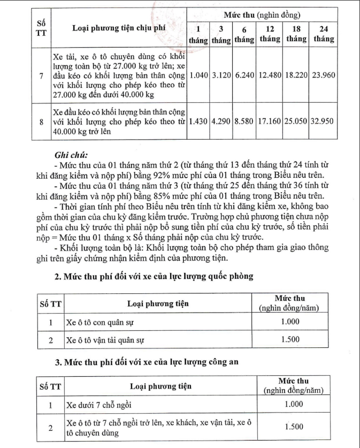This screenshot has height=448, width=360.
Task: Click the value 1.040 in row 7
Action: pyautogui.click(x=198, y=75)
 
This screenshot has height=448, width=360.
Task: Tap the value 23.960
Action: pyautogui.click(x=323, y=75)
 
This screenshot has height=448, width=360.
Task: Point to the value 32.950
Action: pyautogui.click(x=323, y=121)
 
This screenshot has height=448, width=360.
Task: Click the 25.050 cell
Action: pyautogui.click(x=296, y=121)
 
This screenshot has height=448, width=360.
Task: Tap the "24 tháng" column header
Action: pyautogui.click(x=323, y=34)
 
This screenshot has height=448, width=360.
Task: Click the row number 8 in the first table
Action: pyautogui.click(x=42, y=122)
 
